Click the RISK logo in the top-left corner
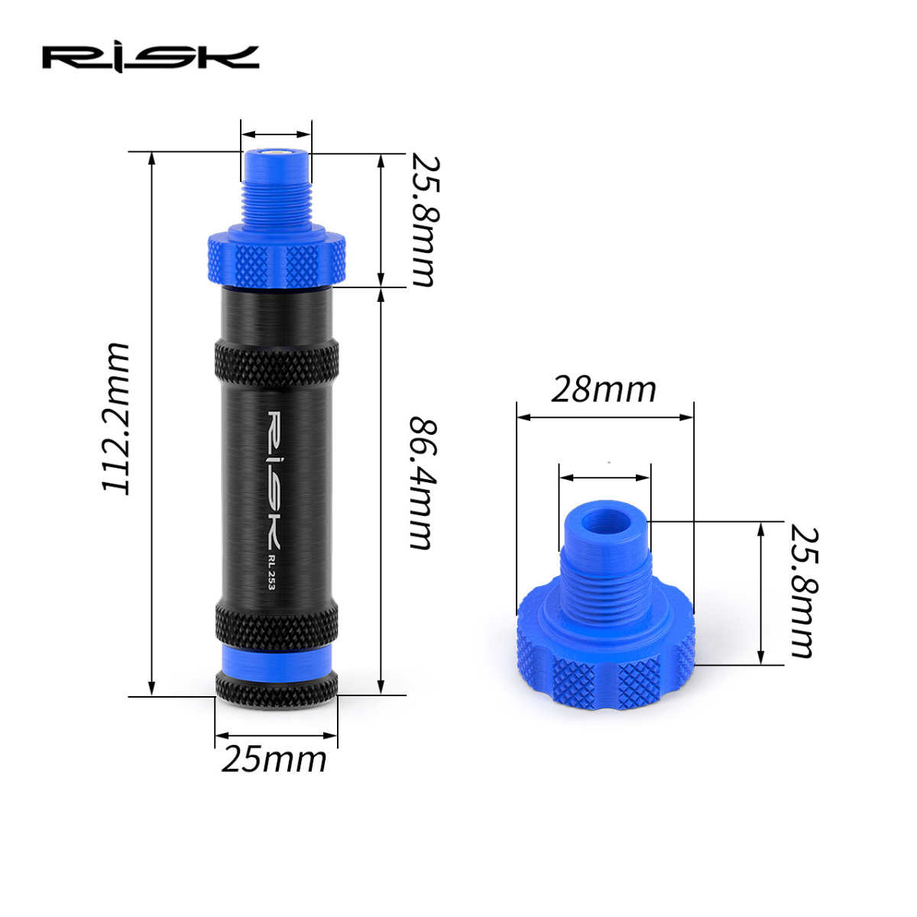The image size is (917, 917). [151, 57]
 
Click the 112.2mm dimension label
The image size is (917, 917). [117, 419]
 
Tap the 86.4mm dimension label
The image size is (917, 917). [421, 482]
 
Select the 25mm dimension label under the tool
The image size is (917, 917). [274, 760]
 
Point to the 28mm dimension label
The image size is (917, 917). [604, 389]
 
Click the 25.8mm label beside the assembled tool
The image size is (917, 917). [423, 221]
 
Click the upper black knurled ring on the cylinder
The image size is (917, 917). [276, 362]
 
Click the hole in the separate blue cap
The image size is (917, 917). [606, 527]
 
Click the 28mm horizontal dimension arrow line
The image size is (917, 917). [604, 417]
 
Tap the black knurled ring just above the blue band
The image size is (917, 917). [276, 621]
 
